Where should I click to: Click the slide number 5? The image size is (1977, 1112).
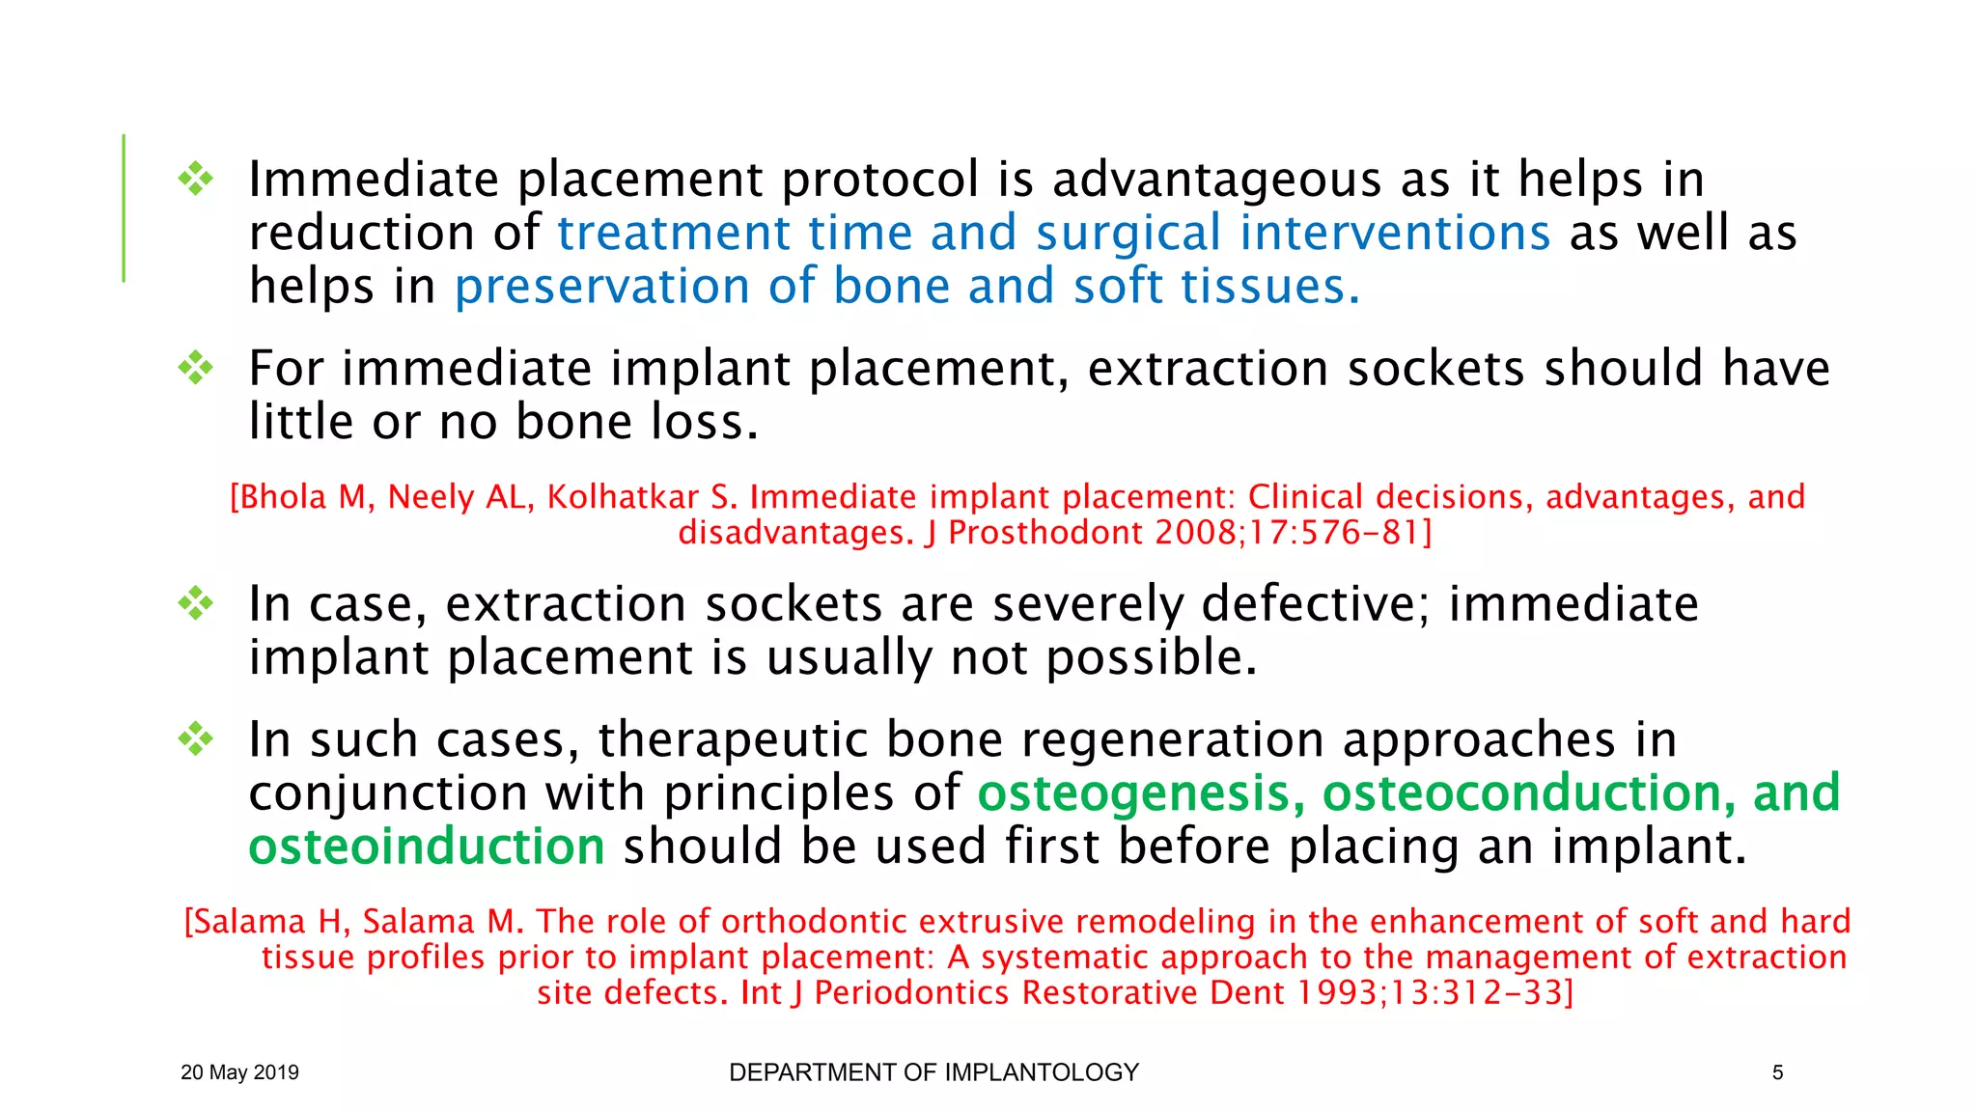[x=1777, y=1072]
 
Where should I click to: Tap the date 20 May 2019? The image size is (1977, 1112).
[x=239, y=1072]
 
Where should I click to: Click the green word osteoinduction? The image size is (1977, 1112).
[x=427, y=847]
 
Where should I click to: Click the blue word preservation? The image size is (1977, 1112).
[x=601, y=287]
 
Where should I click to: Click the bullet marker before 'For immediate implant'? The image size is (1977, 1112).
[x=196, y=368]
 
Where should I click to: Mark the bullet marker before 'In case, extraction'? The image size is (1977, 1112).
[x=196, y=603]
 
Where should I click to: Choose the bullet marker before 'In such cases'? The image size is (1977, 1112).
[x=196, y=738]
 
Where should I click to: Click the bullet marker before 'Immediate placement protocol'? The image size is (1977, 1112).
[x=196, y=179]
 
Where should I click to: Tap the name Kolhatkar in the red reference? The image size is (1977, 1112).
[x=623, y=497]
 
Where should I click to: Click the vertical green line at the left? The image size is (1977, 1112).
[x=124, y=208]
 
